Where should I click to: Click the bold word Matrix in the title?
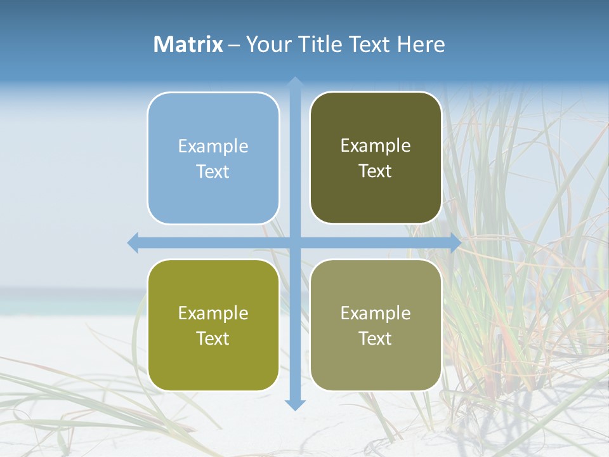(188, 44)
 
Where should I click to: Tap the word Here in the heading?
(421, 44)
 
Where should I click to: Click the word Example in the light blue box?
(213, 147)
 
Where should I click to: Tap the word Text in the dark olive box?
(376, 171)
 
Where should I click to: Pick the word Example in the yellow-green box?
(213, 314)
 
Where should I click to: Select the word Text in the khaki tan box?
(376, 339)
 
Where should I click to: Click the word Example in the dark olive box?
(376, 146)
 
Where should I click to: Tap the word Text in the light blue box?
(213, 172)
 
